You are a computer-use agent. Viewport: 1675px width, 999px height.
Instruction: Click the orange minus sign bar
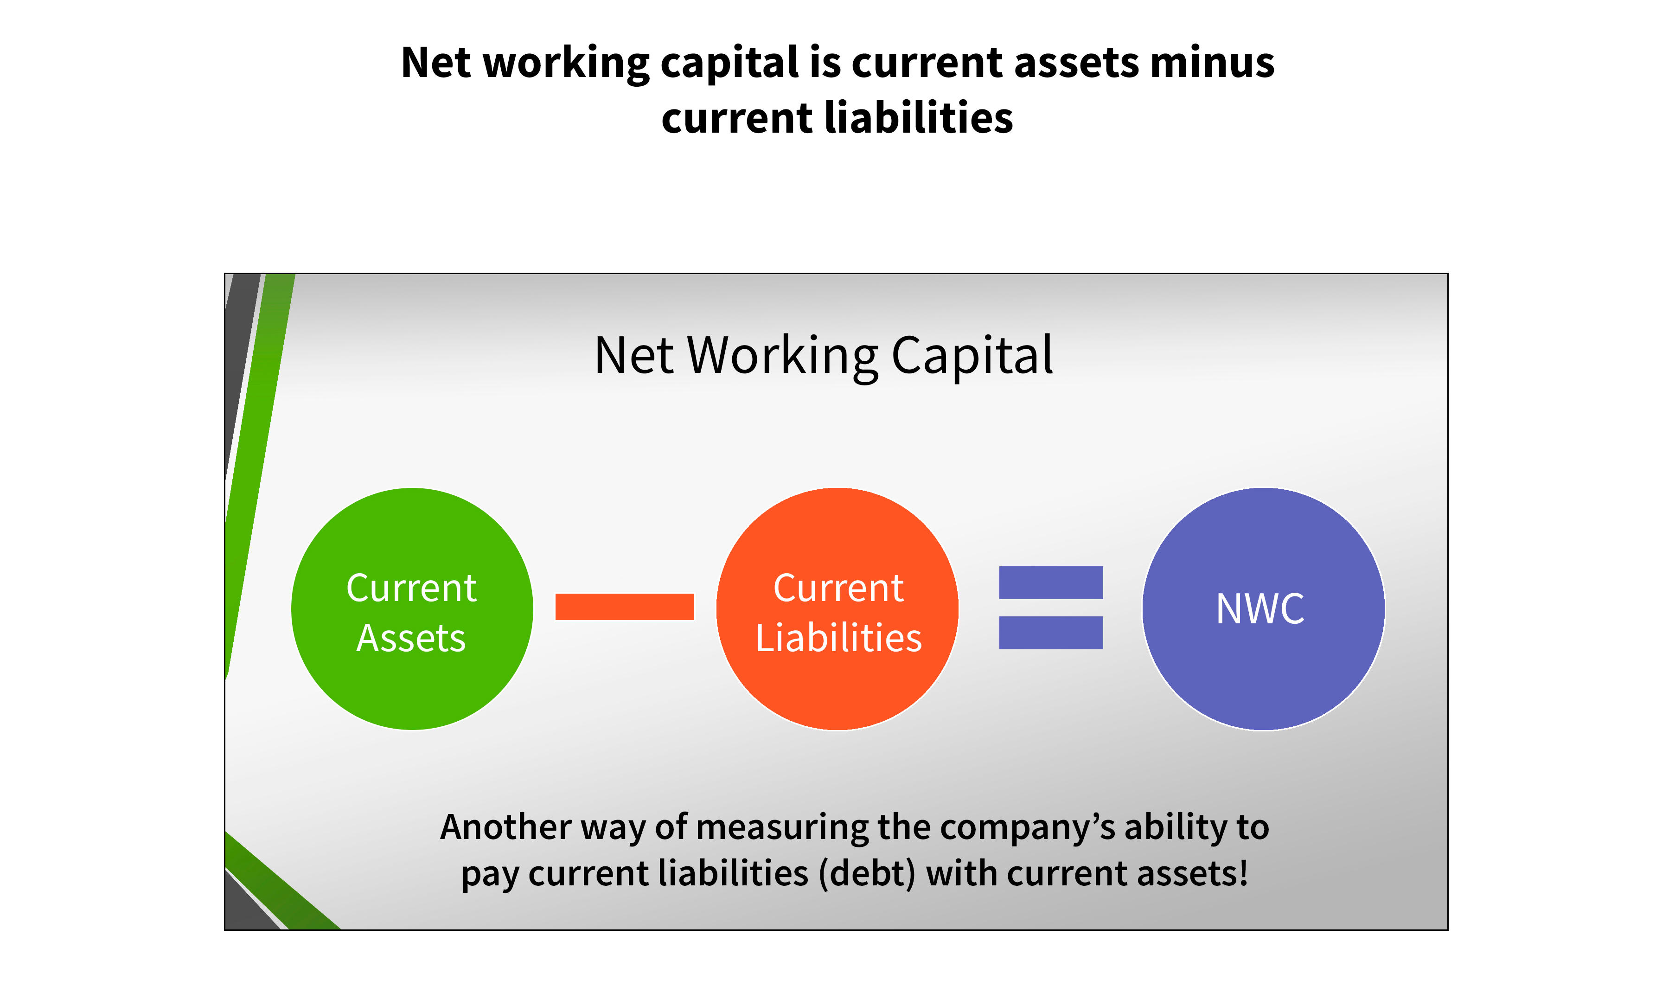[625, 607]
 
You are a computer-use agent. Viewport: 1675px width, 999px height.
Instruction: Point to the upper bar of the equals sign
[1051, 583]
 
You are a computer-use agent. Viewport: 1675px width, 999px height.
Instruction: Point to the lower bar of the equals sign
[1051, 633]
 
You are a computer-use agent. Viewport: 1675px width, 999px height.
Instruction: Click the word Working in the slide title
[783, 357]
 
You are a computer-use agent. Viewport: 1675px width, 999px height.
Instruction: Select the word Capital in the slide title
[972, 357]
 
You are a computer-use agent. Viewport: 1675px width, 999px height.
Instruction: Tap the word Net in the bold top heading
[435, 63]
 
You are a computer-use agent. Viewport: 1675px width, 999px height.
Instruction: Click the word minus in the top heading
[1212, 63]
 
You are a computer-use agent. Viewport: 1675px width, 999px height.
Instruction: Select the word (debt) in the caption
[868, 874]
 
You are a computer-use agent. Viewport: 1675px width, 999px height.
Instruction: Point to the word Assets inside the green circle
[411, 638]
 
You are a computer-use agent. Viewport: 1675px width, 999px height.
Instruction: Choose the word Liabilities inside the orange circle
[838, 638]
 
